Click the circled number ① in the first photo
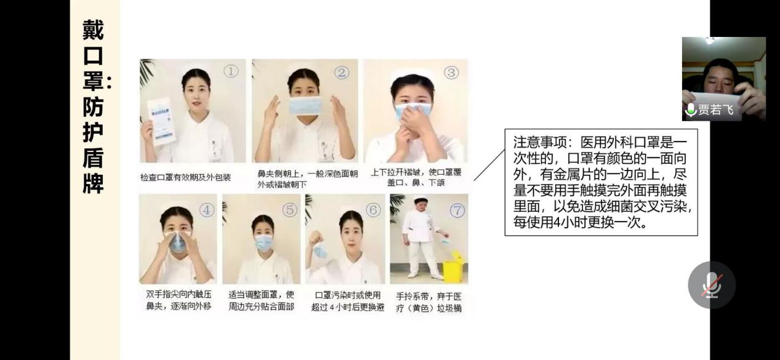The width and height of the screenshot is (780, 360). (231, 71)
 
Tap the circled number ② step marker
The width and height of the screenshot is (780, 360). (342, 73)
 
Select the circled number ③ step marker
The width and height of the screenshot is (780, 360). (451, 73)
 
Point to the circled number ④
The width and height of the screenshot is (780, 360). (206, 210)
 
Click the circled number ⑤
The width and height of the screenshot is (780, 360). (290, 210)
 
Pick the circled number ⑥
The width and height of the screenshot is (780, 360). (373, 210)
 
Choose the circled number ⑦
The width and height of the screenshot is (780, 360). (457, 210)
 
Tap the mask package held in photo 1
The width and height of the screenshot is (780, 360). (161, 121)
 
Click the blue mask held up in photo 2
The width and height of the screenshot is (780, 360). (304, 105)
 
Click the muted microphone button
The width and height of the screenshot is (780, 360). (712, 285)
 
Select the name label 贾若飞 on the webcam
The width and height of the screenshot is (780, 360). (716, 110)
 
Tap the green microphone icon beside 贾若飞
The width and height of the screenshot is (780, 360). (691, 110)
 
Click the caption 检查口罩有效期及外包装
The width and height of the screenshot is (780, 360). (185, 177)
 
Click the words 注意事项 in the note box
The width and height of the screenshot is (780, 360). (540, 142)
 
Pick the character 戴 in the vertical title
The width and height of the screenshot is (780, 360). (93, 30)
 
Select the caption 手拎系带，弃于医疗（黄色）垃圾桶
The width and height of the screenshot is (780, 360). (428, 302)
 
